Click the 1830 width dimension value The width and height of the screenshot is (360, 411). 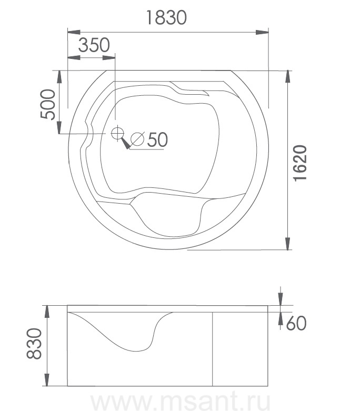pyautogui.click(x=166, y=17)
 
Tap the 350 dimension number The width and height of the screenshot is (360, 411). pyautogui.click(x=94, y=45)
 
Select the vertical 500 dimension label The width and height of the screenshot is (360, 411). pyautogui.click(x=48, y=104)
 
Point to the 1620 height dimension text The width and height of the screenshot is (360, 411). pyautogui.click(x=300, y=163)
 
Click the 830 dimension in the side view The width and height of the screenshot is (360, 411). pyautogui.click(x=34, y=343)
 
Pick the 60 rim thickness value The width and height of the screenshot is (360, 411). pyautogui.click(x=296, y=323)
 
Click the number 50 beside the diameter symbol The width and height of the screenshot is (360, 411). pyautogui.click(x=157, y=139)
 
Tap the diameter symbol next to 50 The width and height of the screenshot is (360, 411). pyautogui.click(x=137, y=139)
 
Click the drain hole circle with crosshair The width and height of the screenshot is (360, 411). pyautogui.click(x=117, y=133)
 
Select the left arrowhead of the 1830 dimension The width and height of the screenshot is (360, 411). pyautogui.click(x=74, y=32)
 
